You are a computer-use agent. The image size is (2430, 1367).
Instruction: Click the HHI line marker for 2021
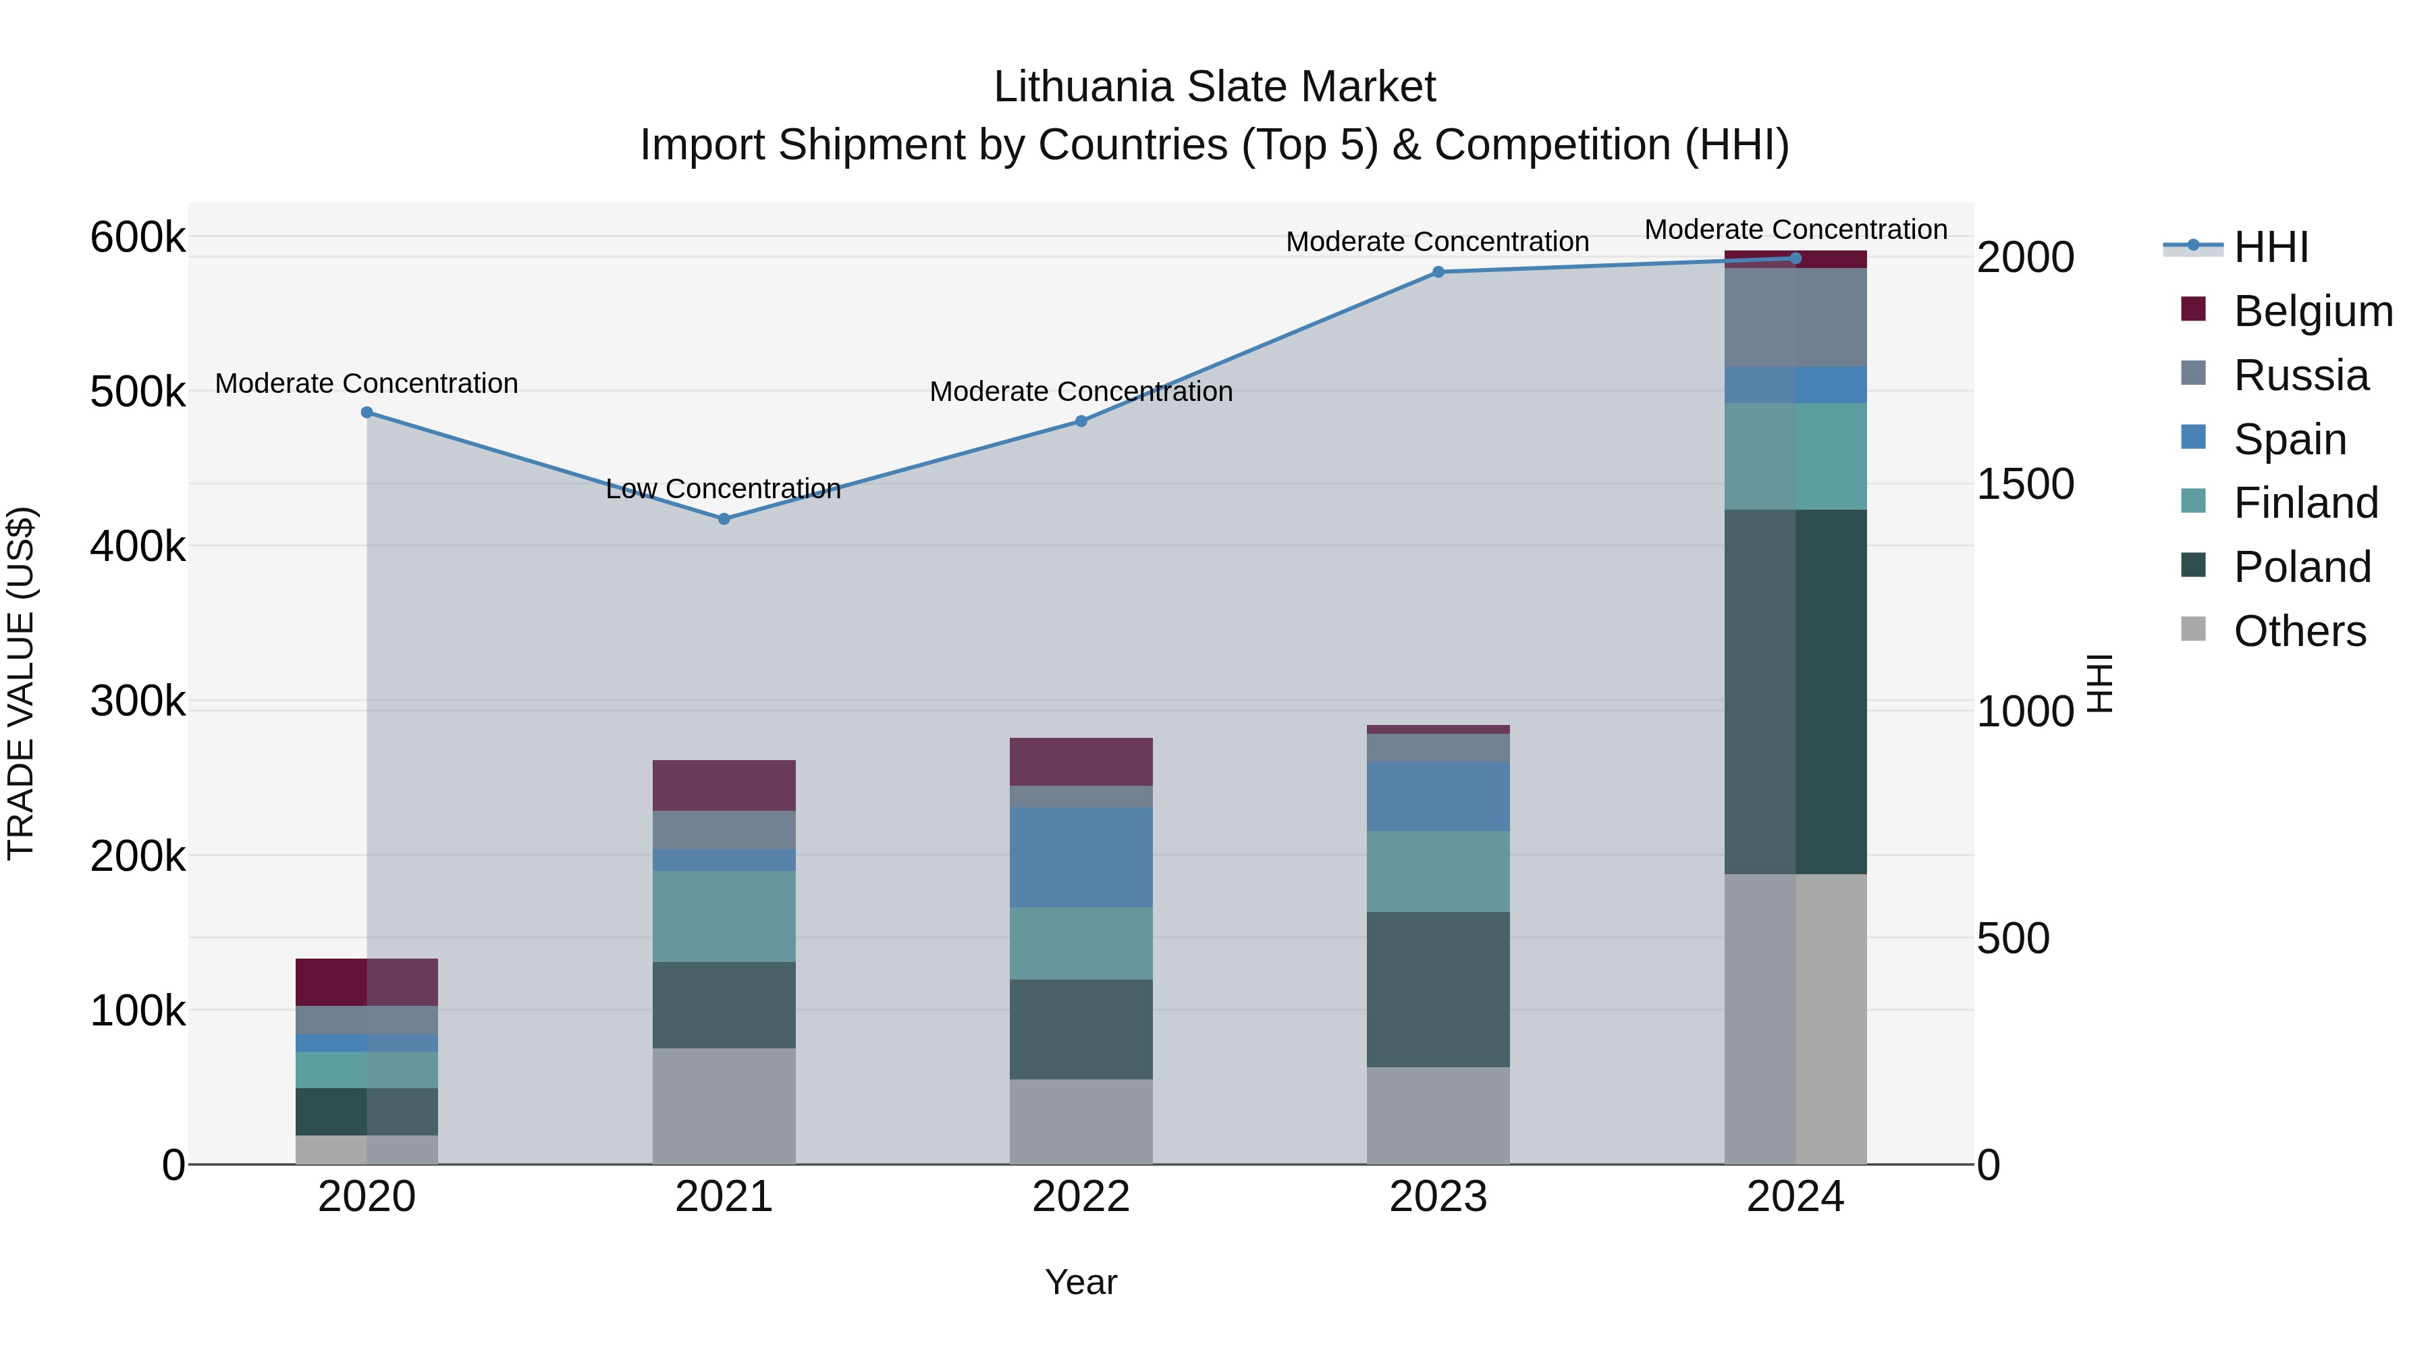pyautogui.click(x=724, y=519)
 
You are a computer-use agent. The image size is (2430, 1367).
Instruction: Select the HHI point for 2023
pyautogui.click(x=1438, y=271)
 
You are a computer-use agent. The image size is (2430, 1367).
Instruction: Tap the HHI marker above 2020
pyautogui.click(x=367, y=412)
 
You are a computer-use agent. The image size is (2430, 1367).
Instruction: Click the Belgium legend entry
pyautogui.click(x=2312, y=311)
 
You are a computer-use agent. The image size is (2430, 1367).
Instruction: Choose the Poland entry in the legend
pyautogui.click(x=2301, y=567)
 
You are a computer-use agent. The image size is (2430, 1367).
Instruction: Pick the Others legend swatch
pyautogui.click(x=2193, y=629)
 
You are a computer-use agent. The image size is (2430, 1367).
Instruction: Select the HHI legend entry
pyautogui.click(x=2271, y=247)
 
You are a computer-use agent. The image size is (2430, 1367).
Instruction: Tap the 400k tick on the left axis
pyautogui.click(x=138, y=546)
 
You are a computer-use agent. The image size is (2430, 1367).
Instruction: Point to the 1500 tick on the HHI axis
pyautogui.click(x=2024, y=484)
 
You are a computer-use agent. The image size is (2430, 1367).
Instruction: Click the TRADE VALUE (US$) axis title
pyautogui.click(x=22, y=683)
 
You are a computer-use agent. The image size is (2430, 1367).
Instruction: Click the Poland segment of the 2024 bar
pyautogui.click(x=1794, y=691)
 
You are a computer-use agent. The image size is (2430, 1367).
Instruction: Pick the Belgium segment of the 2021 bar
pyautogui.click(x=724, y=785)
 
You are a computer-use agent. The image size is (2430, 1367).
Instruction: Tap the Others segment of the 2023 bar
pyautogui.click(x=1438, y=1115)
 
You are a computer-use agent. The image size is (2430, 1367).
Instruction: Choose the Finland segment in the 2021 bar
pyautogui.click(x=724, y=916)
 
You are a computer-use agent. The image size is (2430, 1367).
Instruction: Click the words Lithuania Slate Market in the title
pyautogui.click(x=1214, y=87)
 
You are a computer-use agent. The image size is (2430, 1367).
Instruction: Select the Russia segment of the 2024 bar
pyautogui.click(x=1794, y=317)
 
